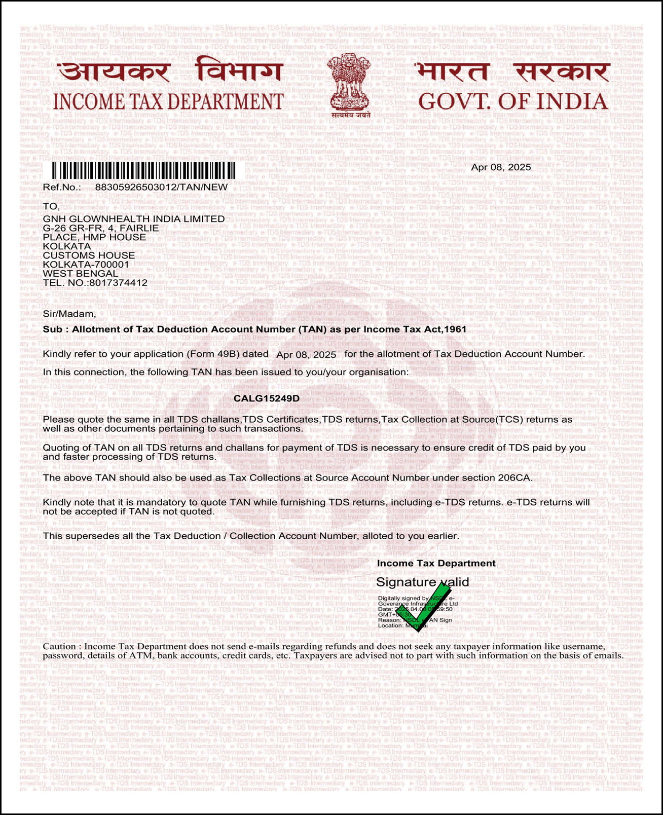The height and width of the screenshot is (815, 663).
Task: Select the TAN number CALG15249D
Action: point(266,398)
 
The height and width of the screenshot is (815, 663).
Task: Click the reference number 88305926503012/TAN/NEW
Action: point(161,187)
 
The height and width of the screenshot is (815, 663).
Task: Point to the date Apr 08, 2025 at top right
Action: point(501,167)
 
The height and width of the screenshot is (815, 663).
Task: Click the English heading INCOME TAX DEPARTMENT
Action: point(168,102)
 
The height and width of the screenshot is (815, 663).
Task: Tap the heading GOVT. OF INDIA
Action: point(512,101)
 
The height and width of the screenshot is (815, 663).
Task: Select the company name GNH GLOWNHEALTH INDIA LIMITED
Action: point(134,219)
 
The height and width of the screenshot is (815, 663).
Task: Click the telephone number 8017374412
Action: point(118,283)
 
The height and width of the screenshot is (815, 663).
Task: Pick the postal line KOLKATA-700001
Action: point(86,265)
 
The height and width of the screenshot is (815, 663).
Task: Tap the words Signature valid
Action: point(422,582)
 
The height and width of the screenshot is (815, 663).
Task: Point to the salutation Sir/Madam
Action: point(69,314)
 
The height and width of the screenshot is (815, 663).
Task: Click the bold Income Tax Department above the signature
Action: point(436,564)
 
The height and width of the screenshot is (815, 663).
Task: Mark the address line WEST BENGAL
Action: point(80,274)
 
